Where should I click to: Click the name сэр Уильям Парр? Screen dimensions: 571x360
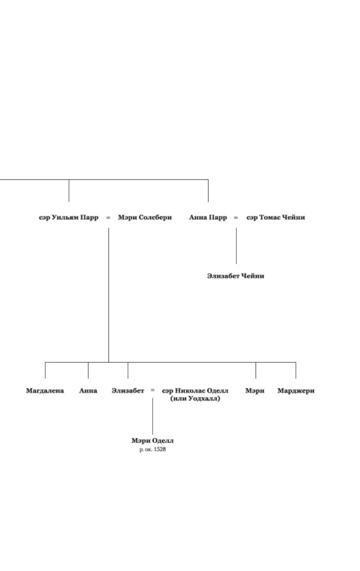point(68,218)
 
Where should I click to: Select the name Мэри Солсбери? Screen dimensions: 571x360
point(145,218)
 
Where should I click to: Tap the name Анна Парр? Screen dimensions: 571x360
point(208,218)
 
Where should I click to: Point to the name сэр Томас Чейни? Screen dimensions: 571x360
point(276,218)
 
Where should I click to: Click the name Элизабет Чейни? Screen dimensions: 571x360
point(236,276)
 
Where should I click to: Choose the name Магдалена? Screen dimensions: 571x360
point(45,391)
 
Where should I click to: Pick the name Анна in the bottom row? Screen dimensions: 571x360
point(88,391)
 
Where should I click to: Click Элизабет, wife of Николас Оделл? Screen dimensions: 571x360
point(128,391)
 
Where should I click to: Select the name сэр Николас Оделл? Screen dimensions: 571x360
point(195,391)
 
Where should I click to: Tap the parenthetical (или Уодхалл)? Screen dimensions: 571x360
point(195,399)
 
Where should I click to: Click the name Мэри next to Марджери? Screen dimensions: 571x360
point(255,391)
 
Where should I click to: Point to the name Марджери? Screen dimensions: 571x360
point(296,391)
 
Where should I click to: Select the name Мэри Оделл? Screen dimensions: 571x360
point(152,441)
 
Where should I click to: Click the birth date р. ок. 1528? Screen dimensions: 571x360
point(152,449)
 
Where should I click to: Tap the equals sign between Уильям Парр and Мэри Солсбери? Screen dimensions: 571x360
point(108,218)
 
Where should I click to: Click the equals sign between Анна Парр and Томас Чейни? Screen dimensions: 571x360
point(236,218)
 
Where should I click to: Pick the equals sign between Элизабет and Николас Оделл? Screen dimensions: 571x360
point(152,391)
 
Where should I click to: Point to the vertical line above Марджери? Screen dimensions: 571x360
point(296,370)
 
